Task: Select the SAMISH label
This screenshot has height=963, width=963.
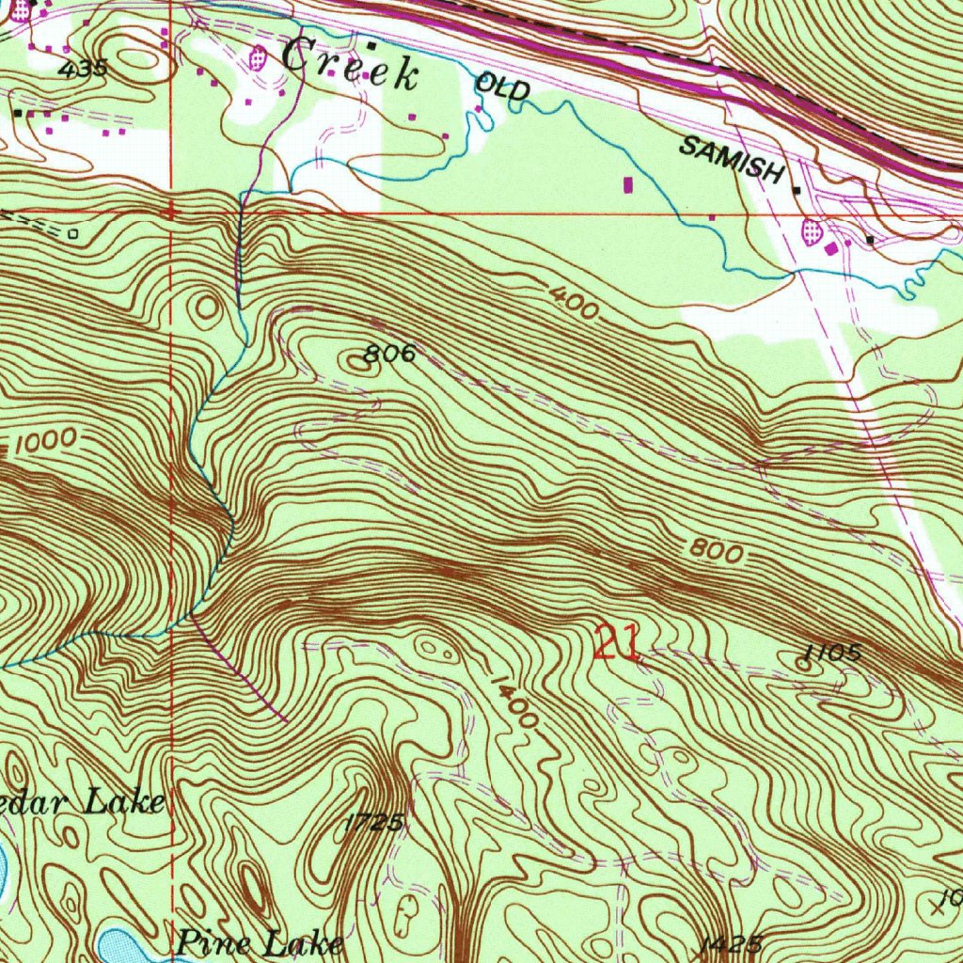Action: pos(732,160)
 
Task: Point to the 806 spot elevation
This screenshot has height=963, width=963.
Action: pos(389,354)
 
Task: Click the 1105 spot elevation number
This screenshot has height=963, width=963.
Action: pos(833,654)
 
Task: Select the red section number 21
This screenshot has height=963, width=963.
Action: pos(617,645)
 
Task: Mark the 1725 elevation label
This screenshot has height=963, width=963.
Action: pos(373,822)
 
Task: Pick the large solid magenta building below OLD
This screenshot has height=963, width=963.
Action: pos(628,184)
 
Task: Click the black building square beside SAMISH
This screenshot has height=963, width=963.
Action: pos(797,190)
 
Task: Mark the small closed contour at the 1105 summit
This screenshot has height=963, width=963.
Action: pos(803,663)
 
